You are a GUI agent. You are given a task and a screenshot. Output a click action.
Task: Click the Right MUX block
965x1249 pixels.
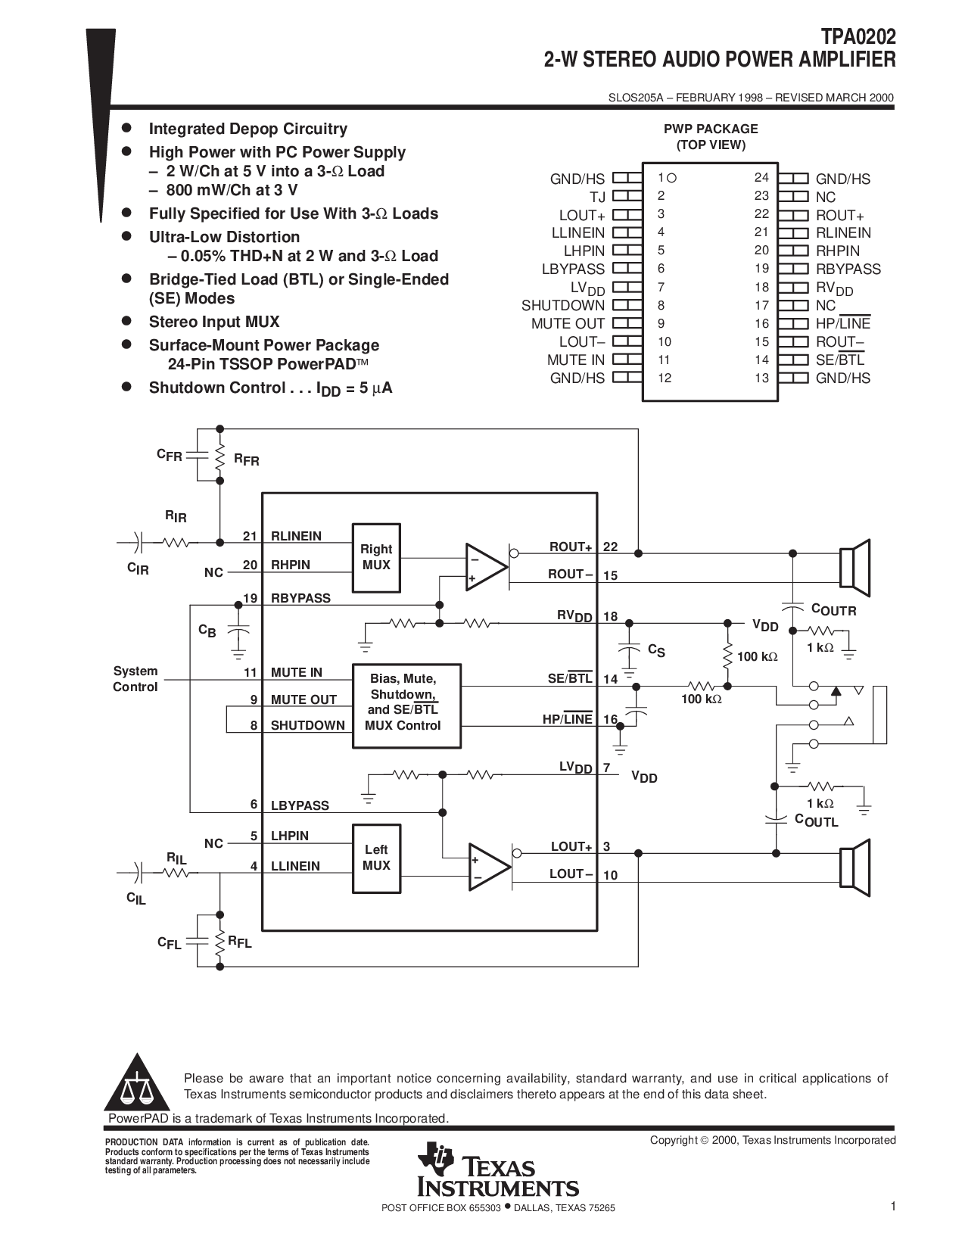(x=376, y=558)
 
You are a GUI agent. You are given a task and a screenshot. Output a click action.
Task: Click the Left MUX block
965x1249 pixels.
(x=376, y=858)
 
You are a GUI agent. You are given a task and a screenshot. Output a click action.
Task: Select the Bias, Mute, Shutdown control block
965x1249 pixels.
(x=406, y=705)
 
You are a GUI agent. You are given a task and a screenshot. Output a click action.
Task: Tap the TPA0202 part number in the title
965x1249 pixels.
(x=858, y=37)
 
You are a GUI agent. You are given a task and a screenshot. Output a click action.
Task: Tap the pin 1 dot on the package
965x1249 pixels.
(x=671, y=178)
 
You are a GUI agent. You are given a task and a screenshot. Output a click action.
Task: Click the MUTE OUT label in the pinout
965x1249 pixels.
(x=568, y=324)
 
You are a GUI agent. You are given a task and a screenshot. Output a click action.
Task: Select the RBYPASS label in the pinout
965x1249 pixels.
(x=848, y=269)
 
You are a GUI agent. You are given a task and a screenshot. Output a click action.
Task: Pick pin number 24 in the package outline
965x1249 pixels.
(x=761, y=178)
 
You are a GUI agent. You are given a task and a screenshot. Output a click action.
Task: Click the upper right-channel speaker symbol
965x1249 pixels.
(x=854, y=567)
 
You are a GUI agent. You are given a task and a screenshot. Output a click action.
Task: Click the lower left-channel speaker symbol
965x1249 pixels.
(x=854, y=867)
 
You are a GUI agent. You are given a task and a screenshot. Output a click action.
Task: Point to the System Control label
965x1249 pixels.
(x=135, y=679)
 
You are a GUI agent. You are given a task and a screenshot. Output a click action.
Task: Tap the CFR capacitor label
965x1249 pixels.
(x=170, y=455)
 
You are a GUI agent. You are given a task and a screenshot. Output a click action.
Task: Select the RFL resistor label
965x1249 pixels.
(x=240, y=942)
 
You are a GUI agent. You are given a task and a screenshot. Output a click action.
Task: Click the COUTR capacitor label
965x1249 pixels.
(x=833, y=610)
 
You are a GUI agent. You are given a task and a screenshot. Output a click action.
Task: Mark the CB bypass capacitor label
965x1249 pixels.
(x=207, y=631)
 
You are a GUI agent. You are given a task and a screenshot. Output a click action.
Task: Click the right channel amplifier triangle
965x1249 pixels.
(x=487, y=567)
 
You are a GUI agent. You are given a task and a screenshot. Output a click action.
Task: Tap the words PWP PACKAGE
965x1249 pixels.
(x=711, y=129)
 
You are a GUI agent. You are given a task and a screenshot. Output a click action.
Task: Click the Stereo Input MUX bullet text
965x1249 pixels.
(x=213, y=322)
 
